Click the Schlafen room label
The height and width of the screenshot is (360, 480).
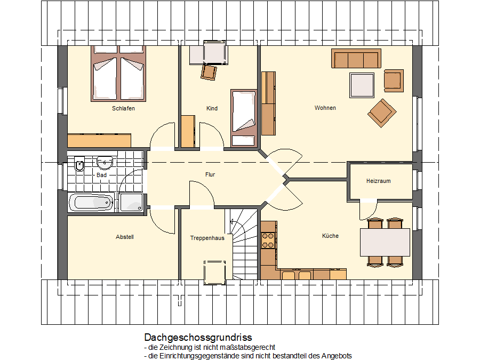[x=123, y=108]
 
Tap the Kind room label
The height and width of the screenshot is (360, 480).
[x=212, y=108]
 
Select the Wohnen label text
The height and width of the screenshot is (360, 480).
[x=325, y=108]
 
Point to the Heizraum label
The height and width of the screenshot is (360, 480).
[x=378, y=181]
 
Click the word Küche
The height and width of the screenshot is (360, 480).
[x=330, y=236]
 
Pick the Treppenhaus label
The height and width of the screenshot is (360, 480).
[x=207, y=238]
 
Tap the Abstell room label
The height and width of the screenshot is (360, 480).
[x=125, y=237]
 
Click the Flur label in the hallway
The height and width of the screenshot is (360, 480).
[x=210, y=174]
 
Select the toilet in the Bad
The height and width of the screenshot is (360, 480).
[x=79, y=164]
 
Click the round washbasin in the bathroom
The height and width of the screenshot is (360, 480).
[x=105, y=163]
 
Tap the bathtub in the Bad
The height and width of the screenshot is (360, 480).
[x=91, y=202]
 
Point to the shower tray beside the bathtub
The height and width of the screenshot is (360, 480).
[x=131, y=202]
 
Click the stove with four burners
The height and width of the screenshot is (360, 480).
[x=268, y=241]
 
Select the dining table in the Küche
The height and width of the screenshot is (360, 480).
[x=385, y=242]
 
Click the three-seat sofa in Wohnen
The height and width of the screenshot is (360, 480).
[x=356, y=58]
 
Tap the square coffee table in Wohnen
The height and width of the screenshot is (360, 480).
[x=362, y=85]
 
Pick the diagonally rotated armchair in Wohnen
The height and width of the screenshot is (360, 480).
[x=382, y=113]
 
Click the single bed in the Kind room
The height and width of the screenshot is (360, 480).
[x=244, y=118]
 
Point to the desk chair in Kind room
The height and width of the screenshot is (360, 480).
[x=209, y=72]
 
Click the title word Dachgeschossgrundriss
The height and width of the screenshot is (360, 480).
[x=198, y=338]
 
